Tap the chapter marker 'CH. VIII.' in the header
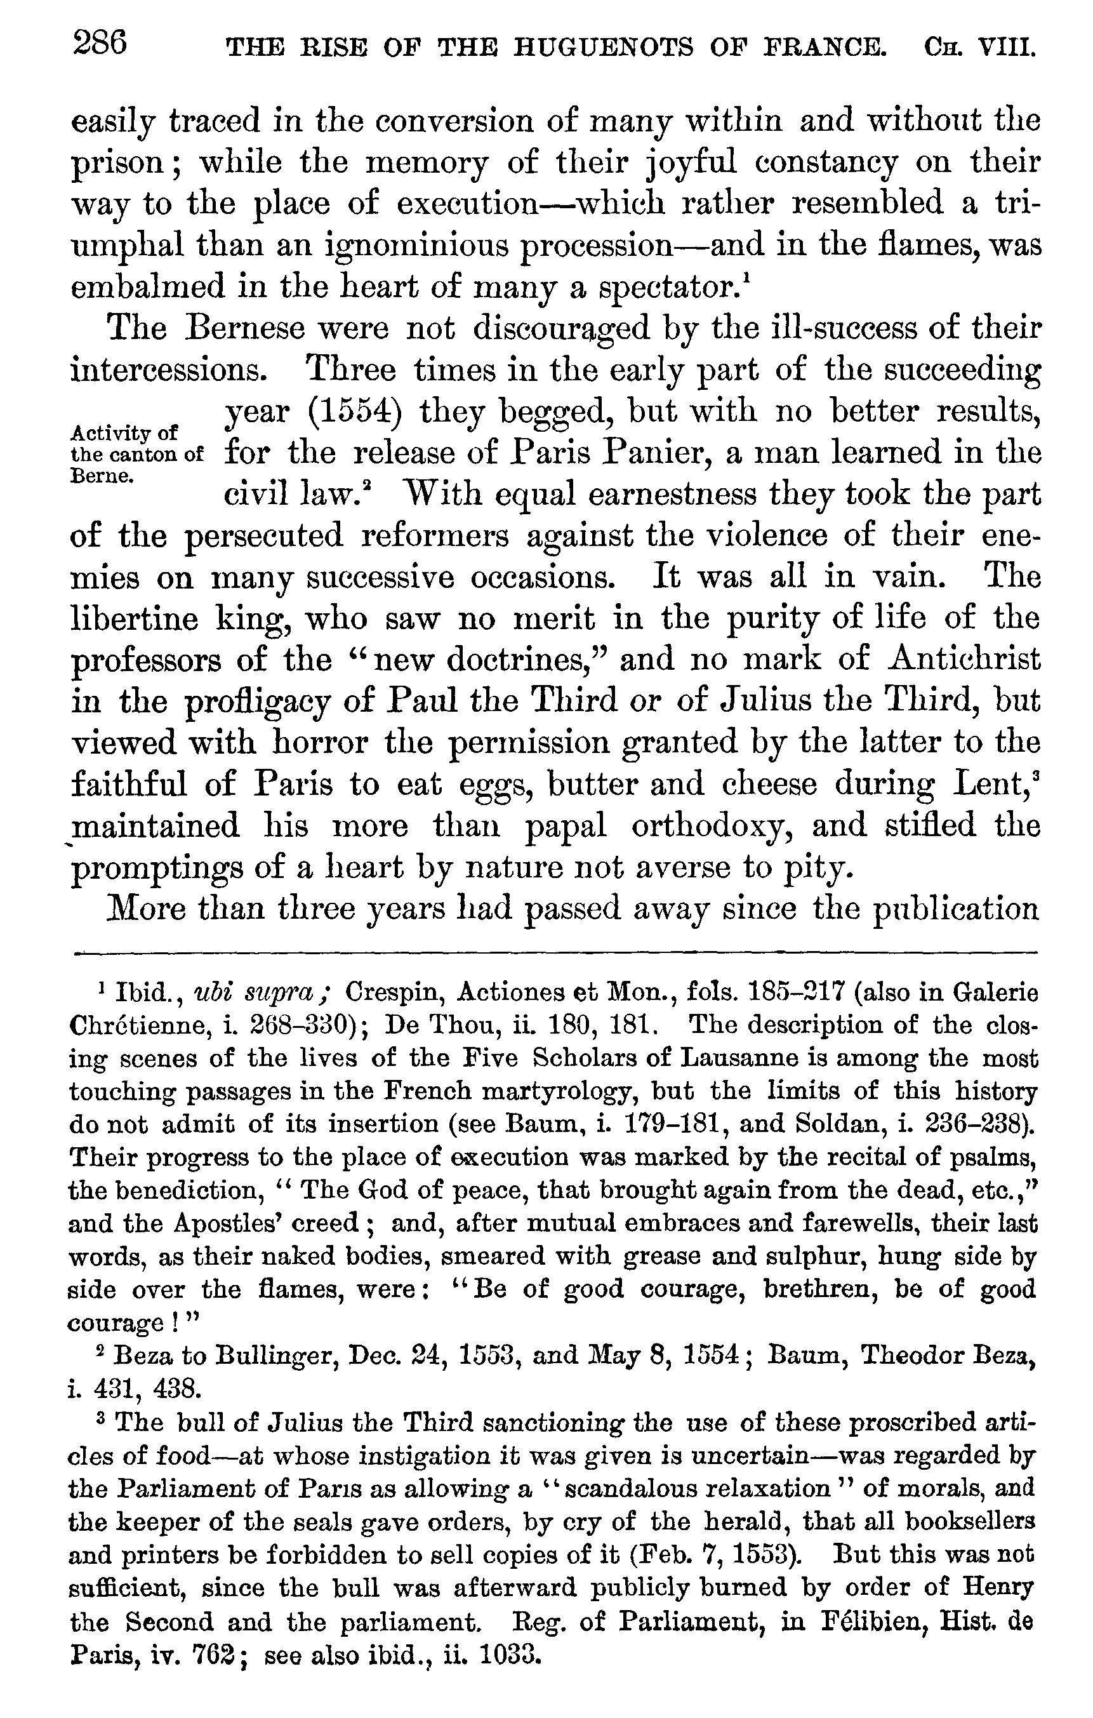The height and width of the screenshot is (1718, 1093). pos(979,47)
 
